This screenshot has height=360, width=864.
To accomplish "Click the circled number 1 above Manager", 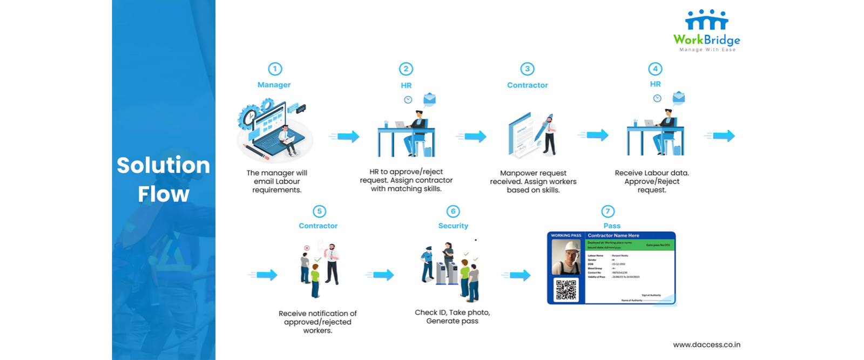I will tap(275, 69).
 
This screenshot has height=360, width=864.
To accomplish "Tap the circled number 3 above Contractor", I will tap(527, 69).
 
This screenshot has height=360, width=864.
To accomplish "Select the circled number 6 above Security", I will tap(453, 212).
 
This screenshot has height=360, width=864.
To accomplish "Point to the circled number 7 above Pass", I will tap(608, 212).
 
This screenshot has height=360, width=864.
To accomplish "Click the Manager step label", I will tap(274, 85).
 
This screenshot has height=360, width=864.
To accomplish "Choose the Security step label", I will tap(453, 226).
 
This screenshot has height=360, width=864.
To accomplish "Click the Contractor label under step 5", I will tap(318, 226).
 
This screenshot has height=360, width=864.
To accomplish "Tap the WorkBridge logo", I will tap(706, 30).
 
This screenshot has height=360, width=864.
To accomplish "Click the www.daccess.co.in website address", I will tap(706, 344).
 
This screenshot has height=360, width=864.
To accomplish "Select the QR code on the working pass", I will tap(566, 290).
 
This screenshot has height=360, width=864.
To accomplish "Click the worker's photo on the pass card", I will tap(566, 256).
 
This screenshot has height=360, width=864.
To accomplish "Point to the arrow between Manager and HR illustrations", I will tap(346, 137).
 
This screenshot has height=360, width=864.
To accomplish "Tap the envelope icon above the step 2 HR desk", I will tap(429, 99).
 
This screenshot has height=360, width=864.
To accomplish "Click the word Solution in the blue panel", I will tap(163, 165).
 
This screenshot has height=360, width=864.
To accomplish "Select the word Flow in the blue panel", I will tap(163, 194).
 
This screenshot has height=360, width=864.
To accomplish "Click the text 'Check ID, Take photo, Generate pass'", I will tap(452, 317).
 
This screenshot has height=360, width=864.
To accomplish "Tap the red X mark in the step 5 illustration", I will tap(307, 248).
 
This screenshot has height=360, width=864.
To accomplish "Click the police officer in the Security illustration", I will tap(427, 264).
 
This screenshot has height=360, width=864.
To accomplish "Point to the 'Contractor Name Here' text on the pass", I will tap(613, 235).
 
